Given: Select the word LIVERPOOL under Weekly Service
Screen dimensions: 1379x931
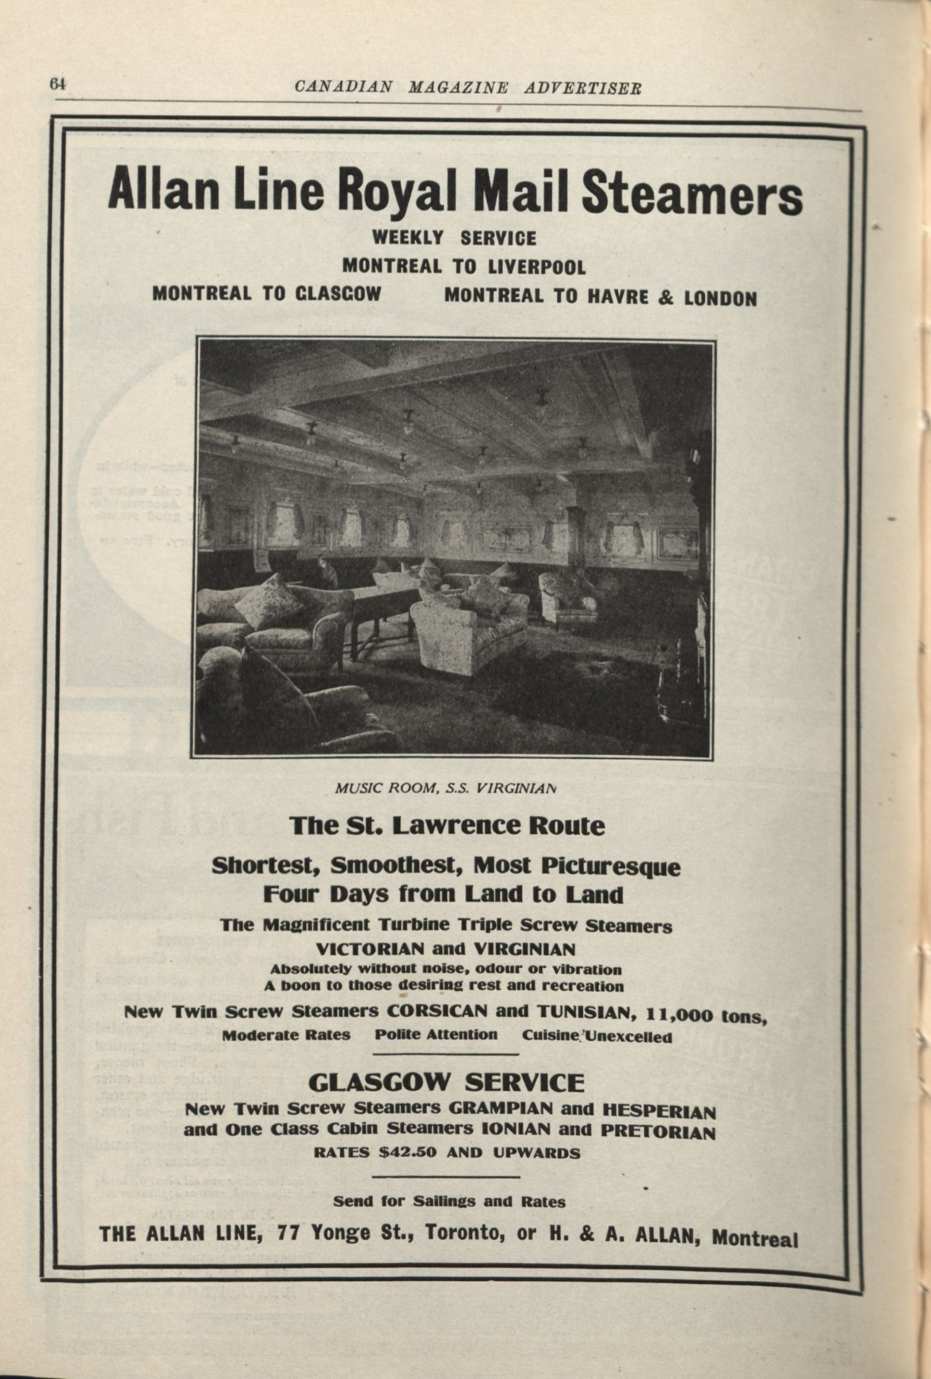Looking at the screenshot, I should pos(536,268).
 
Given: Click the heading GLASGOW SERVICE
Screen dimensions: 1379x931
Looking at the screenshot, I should pos(446,1083).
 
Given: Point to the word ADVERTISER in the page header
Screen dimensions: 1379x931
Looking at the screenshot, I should pos(583,88).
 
